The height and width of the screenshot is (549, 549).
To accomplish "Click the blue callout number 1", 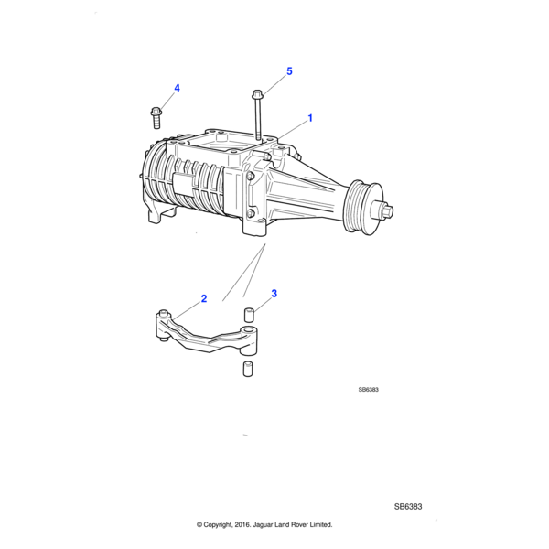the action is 310,118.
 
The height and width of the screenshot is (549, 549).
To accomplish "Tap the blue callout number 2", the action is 204,298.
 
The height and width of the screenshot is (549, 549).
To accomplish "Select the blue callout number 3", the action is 274,294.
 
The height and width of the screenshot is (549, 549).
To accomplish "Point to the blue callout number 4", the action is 177,88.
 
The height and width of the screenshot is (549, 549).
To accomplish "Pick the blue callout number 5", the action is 289,71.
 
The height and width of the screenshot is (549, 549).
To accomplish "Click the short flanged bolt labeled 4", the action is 156,117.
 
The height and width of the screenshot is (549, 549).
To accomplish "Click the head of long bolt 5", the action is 257,94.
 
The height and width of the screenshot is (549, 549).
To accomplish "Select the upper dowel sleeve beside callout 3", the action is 248,315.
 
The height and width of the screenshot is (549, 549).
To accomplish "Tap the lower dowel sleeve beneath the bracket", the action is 248,369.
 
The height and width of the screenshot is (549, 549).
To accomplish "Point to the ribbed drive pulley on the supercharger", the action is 362,208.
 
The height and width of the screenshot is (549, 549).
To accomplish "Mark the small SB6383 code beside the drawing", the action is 369,390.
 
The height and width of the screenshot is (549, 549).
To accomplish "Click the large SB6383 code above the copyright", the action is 408,507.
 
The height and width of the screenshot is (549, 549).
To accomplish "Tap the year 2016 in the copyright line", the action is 242,524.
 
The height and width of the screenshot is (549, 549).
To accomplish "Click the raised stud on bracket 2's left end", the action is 164,312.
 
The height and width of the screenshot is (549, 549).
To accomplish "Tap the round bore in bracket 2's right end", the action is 249,329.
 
